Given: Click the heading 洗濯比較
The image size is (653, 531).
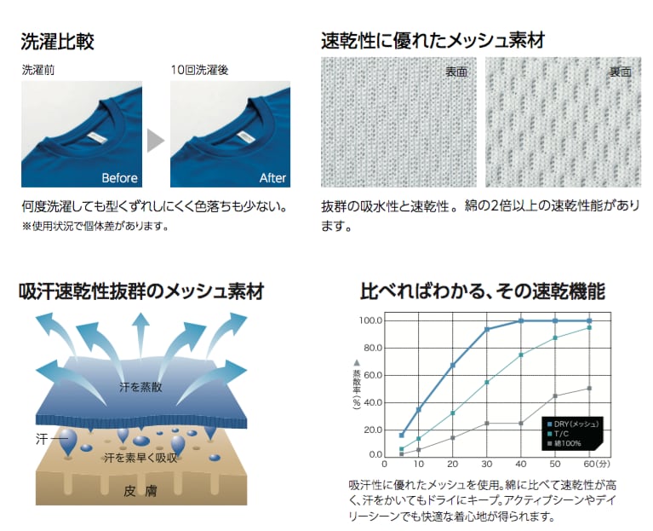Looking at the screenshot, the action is tap(57, 40).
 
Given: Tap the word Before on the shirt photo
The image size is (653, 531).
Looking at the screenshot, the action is tap(119, 178).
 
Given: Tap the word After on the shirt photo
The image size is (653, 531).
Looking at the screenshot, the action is tap(272, 178).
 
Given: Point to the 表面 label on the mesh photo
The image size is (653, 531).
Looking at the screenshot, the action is tap(455, 72).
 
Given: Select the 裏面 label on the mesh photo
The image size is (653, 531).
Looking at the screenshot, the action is tap(620, 72).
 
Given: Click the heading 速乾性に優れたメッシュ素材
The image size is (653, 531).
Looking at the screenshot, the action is tap(432, 40).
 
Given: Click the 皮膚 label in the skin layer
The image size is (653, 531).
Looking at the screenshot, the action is tap(140, 490).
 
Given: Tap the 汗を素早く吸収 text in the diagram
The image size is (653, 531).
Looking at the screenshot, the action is tap(140, 458).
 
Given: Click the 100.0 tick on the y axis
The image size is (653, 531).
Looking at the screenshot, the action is tap(372, 321).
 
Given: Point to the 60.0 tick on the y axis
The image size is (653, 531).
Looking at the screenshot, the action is tap(372, 375).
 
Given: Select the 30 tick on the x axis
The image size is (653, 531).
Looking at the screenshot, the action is tap(486, 464).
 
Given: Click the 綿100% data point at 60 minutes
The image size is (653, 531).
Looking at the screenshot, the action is tap(588, 389).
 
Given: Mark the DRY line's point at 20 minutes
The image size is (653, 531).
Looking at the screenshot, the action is tap(452, 366).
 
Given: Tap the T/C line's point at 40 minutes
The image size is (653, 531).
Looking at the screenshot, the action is tap(520, 355).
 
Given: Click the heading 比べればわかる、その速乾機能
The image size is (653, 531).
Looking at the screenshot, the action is tap(482, 292).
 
